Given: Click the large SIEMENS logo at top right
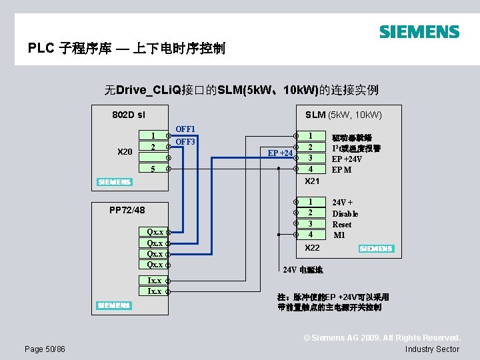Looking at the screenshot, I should (x=419, y=31).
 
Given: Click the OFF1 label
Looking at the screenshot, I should (x=185, y=129).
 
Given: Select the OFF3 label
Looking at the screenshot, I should (x=185, y=142).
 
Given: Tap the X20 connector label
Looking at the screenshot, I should (x=125, y=153).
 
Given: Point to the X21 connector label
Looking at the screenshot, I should (x=312, y=181).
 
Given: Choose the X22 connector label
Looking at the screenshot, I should (x=312, y=248).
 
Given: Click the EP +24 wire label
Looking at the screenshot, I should (x=279, y=153).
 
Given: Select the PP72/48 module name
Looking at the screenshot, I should (x=127, y=211).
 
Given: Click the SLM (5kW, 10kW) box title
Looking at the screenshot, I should (x=343, y=115).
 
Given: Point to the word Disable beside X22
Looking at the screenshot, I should (x=345, y=213).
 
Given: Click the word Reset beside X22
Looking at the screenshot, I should (x=342, y=225).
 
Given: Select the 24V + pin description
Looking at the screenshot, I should (x=343, y=202).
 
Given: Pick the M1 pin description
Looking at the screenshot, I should (x=339, y=235).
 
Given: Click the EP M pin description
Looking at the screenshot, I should (x=342, y=170).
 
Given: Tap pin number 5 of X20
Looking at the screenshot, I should (x=153, y=169).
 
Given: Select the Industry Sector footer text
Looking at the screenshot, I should (x=432, y=349).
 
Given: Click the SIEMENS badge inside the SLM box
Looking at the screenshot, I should (x=376, y=249).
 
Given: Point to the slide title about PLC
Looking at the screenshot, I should (x=127, y=49).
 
